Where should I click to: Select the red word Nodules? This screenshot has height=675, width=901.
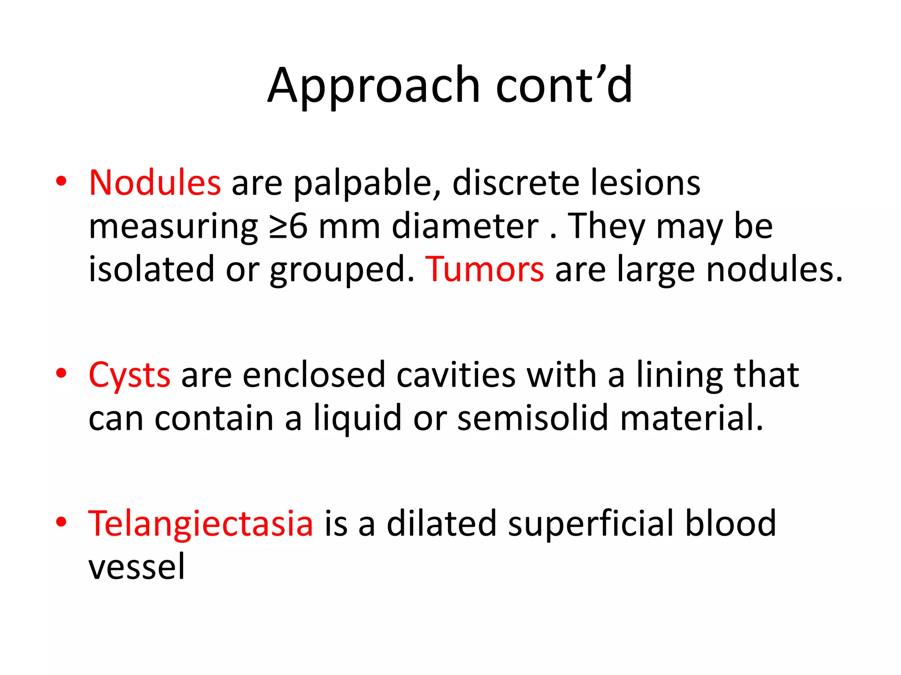coord(154,182)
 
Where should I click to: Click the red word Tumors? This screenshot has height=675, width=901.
coord(484,269)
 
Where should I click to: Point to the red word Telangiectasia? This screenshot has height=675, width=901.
coord(201,523)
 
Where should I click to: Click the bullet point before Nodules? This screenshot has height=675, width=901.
coord(61,181)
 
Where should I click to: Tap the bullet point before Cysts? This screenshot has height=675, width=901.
coord(61,374)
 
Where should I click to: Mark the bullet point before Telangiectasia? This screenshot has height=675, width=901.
coord(61,522)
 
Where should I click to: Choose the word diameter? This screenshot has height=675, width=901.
coord(465,226)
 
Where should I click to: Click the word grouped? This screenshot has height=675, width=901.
coord(342,270)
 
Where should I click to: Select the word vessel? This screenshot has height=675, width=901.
coord(136,567)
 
